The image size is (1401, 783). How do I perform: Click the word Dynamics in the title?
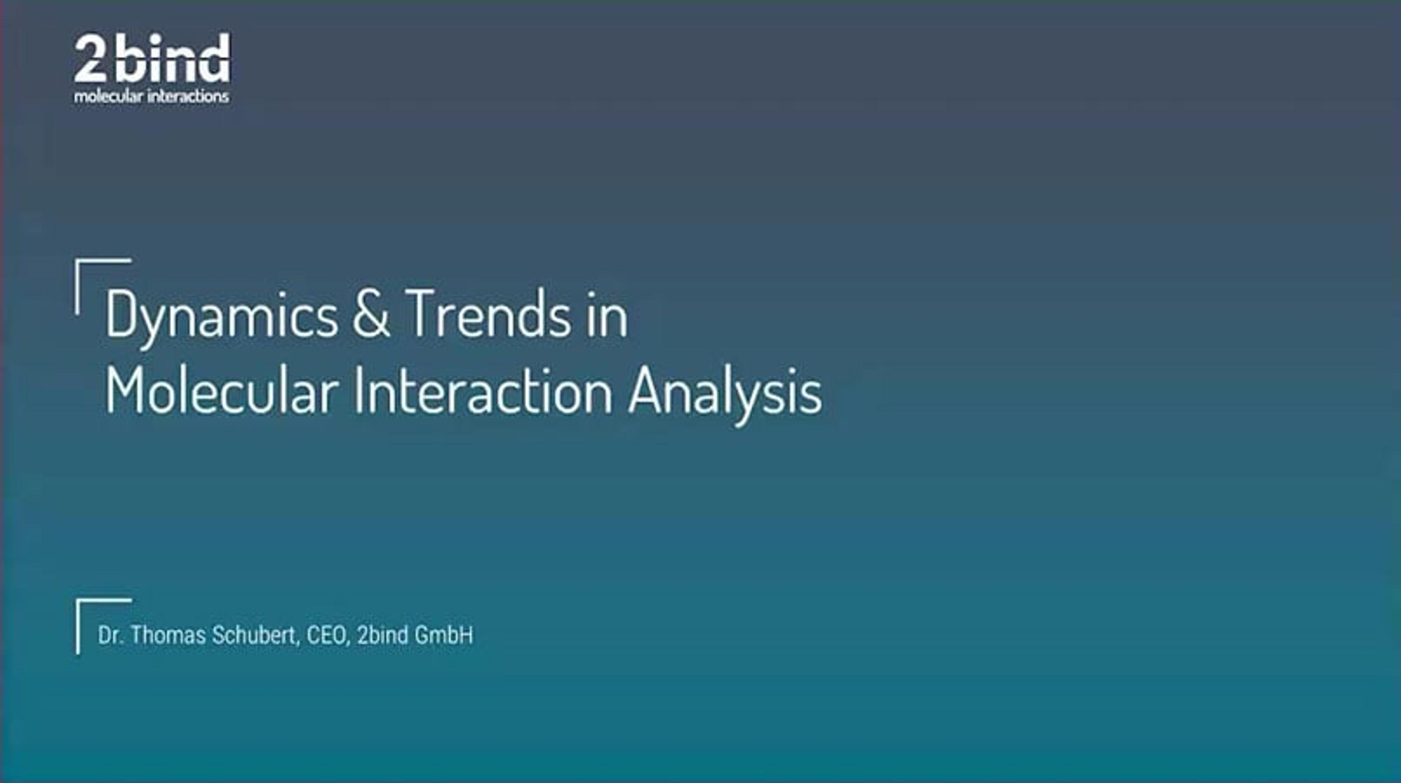point(221,315)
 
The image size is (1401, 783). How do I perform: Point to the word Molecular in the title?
point(222,391)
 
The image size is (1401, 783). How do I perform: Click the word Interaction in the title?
point(483,391)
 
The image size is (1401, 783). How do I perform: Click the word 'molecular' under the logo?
point(108,97)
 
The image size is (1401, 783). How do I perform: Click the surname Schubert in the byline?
point(255,635)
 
